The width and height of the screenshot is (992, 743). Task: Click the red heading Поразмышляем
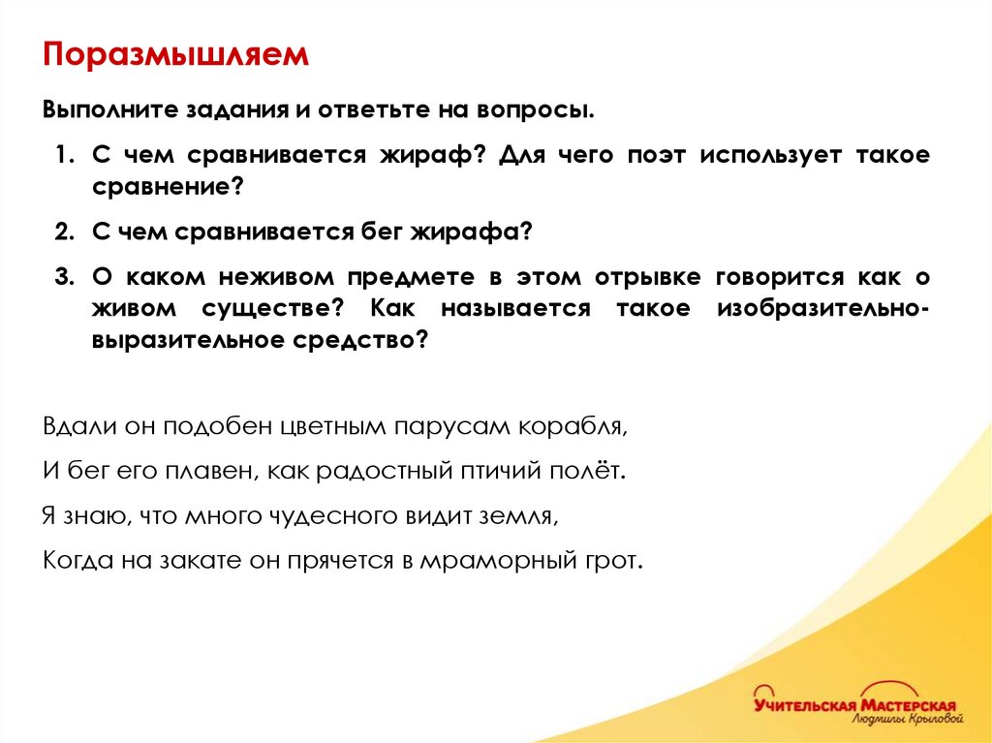coord(175,54)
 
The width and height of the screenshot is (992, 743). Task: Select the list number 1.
coord(63,156)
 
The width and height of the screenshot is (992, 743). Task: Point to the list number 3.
coord(63,277)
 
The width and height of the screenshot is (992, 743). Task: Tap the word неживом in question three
coord(271,277)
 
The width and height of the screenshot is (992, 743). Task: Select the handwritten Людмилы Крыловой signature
coord(909,722)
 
